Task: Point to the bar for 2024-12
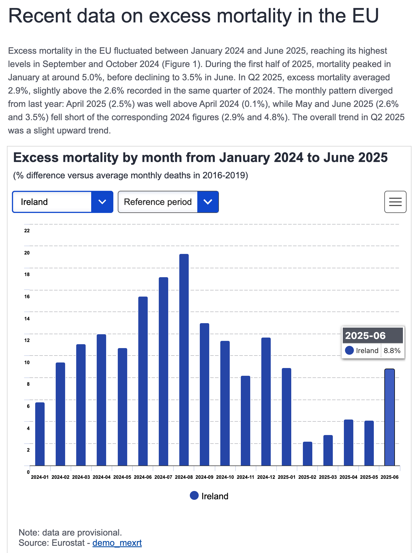266,402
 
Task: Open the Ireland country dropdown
63,202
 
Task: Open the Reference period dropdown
168,202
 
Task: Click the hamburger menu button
395,202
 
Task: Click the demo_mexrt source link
117,543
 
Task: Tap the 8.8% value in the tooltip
392,351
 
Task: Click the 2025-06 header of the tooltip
365,335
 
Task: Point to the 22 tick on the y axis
27,231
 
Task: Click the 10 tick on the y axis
27,362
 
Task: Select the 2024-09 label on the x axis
204,477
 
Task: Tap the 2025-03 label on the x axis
328,477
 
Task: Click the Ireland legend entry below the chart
209,496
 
